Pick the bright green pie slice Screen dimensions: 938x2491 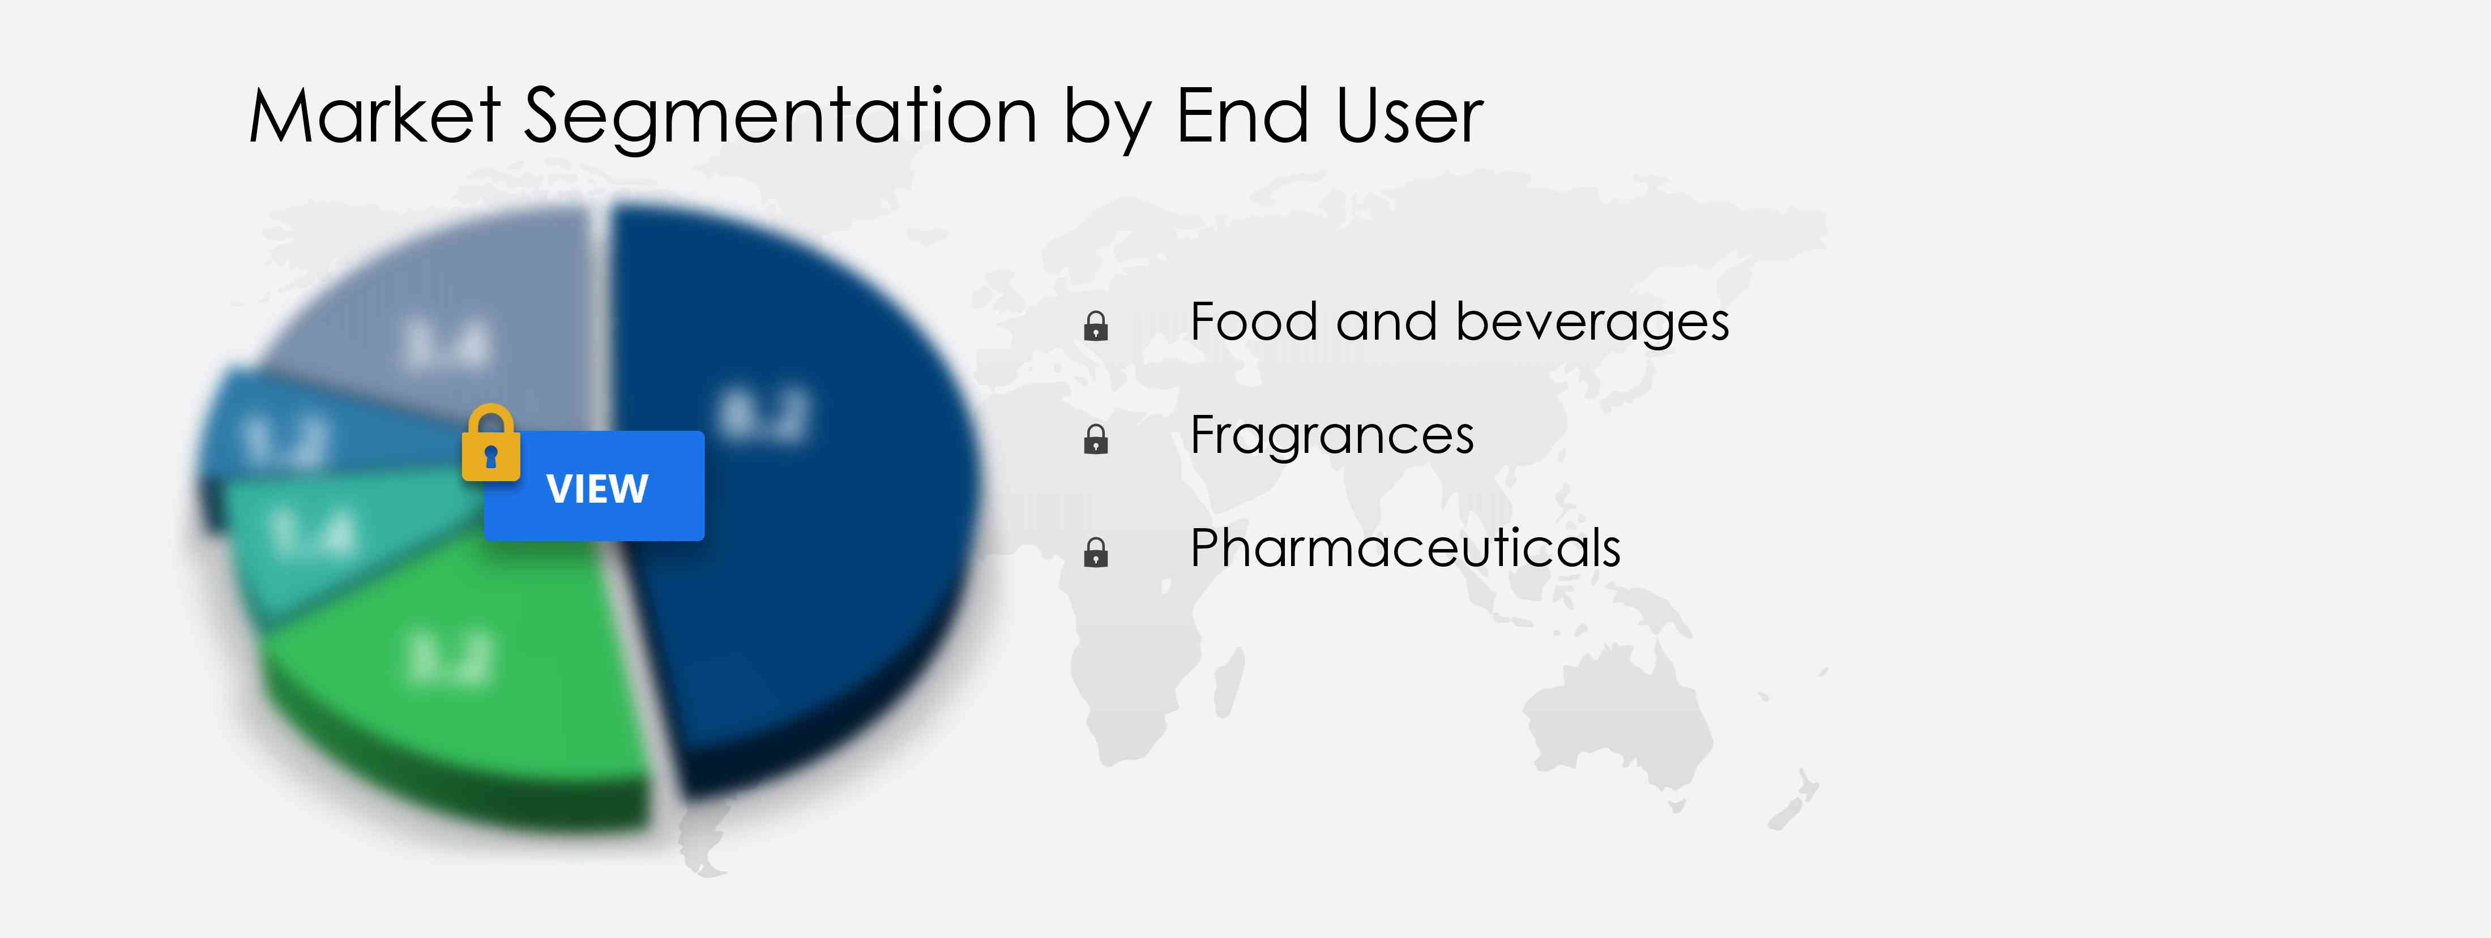(464, 667)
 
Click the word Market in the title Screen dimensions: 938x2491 (374, 116)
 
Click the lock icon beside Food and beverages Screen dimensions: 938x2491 (1096, 326)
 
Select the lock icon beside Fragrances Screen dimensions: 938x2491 (1096, 439)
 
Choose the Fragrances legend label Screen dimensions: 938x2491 (1331, 436)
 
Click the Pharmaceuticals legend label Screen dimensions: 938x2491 (1404, 549)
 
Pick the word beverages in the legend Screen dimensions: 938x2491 (1592, 322)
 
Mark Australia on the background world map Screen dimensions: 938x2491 (1615, 716)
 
